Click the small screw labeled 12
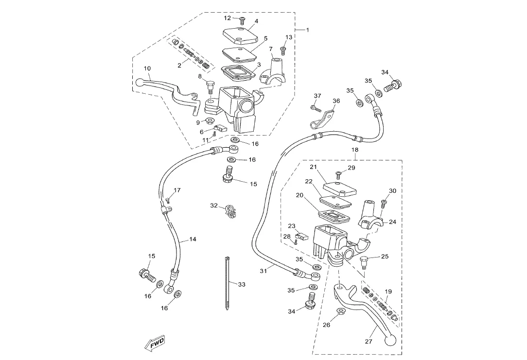point(242,19)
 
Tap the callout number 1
point(307,30)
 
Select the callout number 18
point(355,150)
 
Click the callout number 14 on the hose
point(193,240)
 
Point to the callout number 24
point(392,222)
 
